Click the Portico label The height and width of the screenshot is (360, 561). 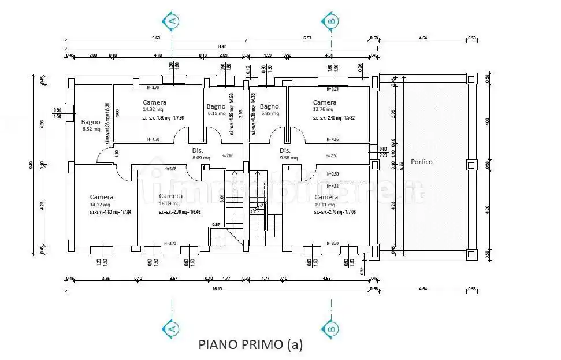click(x=421, y=162)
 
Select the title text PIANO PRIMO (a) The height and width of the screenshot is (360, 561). click(x=250, y=344)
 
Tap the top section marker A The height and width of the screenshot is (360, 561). click(x=172, y=21)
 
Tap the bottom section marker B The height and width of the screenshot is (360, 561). click(x=330, y=329)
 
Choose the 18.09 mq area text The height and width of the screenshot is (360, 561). click(x=169, y=203)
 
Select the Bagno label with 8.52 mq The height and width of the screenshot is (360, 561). click(x=91, y=122)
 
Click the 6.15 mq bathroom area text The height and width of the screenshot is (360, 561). click(x=215, y=113)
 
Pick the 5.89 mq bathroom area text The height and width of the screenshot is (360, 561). click(x=269, y=113)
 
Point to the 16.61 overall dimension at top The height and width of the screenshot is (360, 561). click(x=221, y=46)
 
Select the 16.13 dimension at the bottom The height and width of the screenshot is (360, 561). click(x=217, y=287)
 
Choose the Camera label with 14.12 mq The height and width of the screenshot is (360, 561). click(x=101, y=197)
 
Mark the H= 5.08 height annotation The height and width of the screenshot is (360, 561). click(x=170, y=169)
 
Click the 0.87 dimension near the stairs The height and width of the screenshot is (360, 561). click(x=216, y=224)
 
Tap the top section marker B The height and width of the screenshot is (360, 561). click(x=330, y=21)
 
